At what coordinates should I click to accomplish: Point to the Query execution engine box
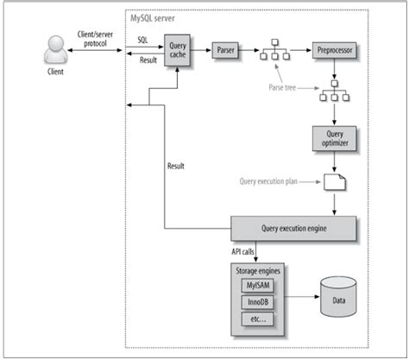(294, 228)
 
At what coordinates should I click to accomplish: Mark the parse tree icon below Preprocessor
(331, 93)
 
